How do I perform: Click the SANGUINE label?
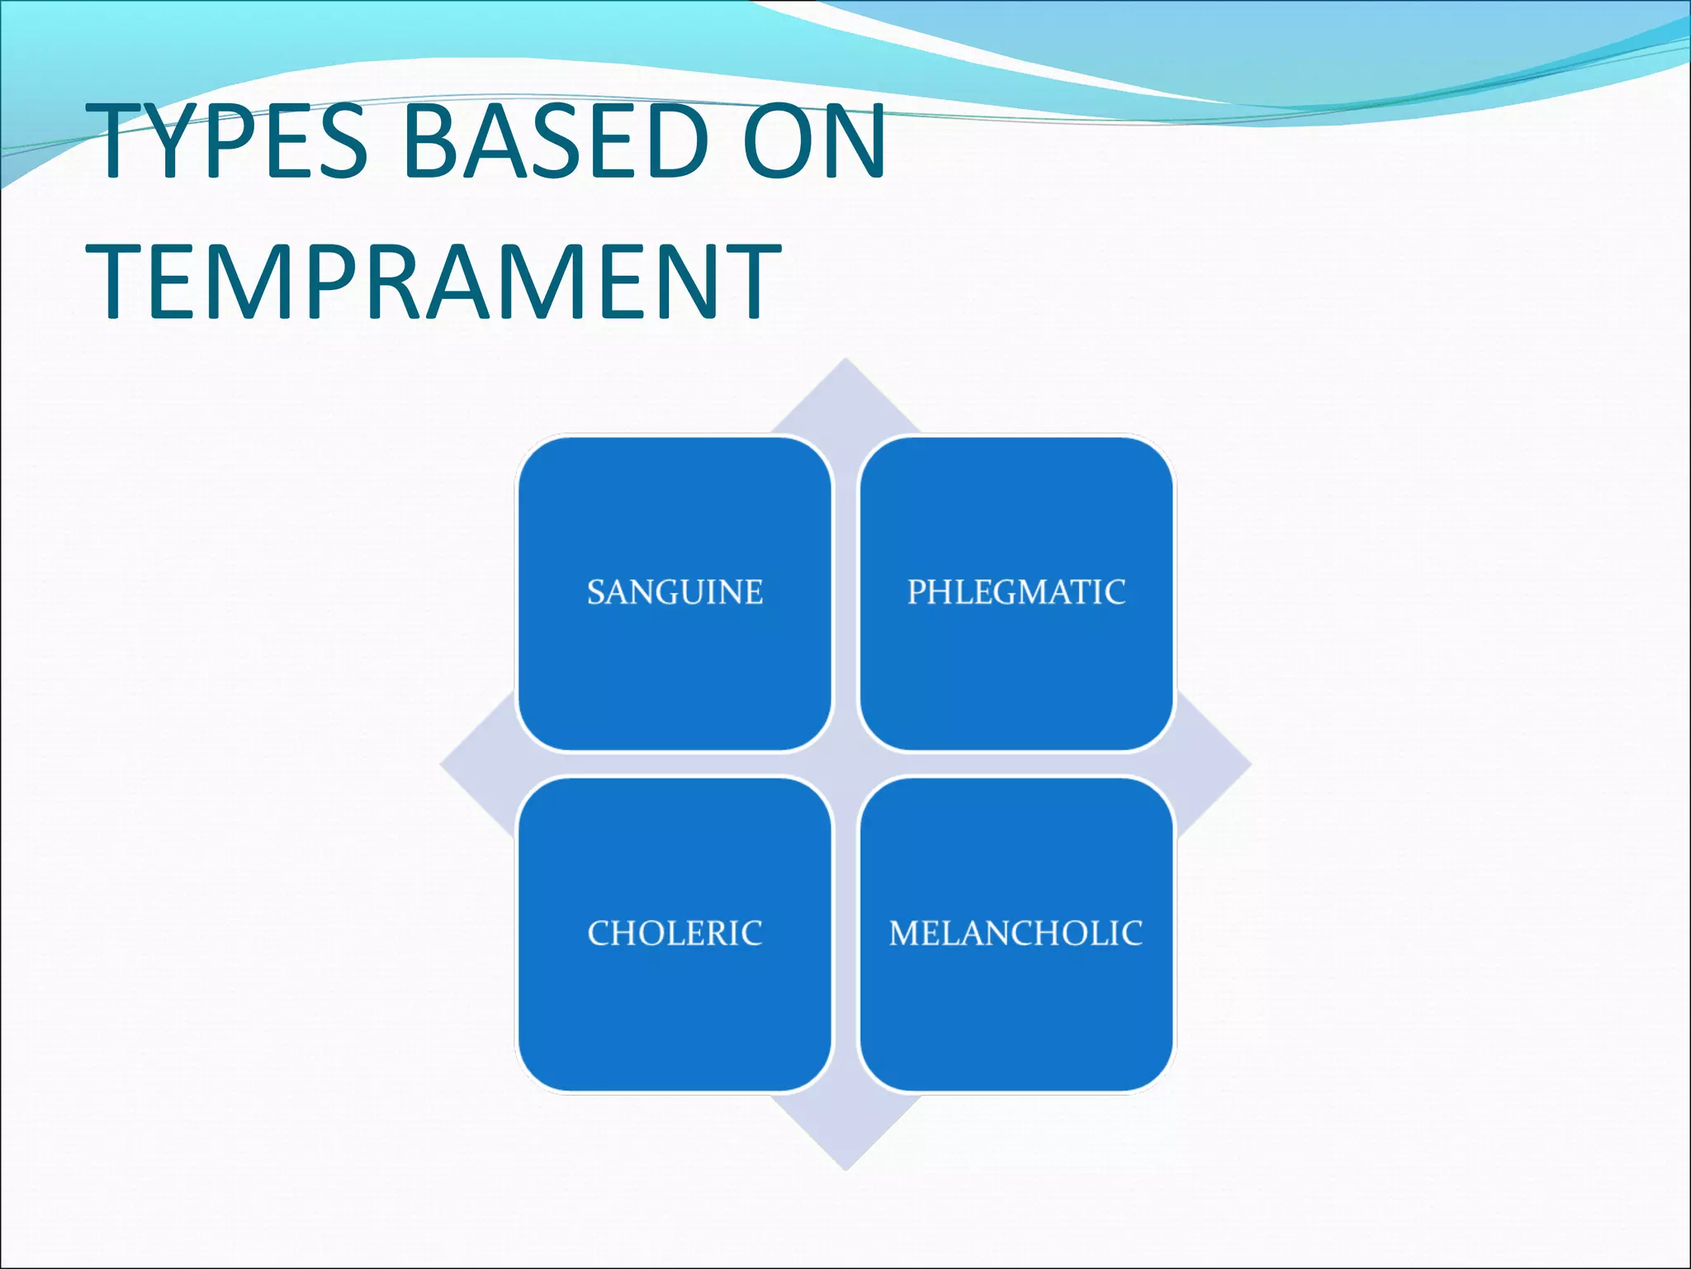coord(675,592)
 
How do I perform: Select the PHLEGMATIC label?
coord(1016,592)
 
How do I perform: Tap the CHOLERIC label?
coord(675,934)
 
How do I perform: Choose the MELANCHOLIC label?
coord(1016,934)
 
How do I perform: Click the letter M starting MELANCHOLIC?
coord(906,934)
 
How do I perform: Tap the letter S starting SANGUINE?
coord(595,592)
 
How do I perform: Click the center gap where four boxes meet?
coord(845,764)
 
